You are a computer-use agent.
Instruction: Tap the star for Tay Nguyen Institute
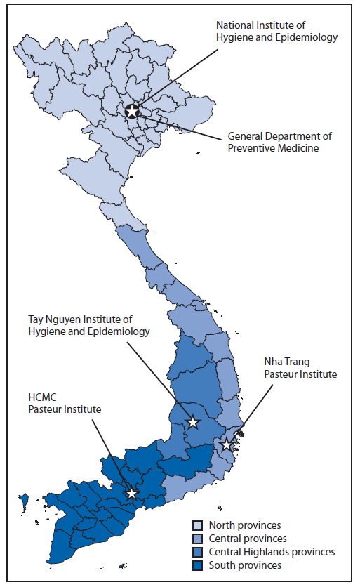click(x=192, y=422)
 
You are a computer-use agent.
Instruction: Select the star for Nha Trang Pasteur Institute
click(x=226, y=444)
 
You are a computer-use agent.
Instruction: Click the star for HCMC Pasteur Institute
click(x=131, y=494)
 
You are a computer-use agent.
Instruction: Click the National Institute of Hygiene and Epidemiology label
click(x=276, y=32)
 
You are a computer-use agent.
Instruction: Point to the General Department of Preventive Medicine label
click(x=280, y=142)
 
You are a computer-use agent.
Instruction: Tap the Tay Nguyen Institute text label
click(x=98, y=326)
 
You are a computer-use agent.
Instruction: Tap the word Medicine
click(x=305, y=148)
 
